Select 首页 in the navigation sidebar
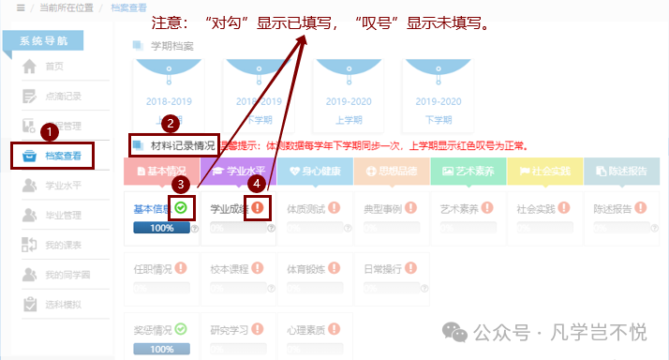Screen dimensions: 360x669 coord(54,66)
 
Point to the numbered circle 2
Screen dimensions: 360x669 coord(169,122)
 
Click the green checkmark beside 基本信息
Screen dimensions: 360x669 coord(180,208)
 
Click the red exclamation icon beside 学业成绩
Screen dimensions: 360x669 coord(258,208)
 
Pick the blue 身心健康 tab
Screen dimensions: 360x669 coord(315,172)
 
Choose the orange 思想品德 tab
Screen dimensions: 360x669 coord(392,172)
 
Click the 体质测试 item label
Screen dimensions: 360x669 coord(306,209)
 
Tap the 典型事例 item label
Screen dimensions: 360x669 coord(383,209)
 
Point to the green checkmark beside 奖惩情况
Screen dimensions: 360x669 coord(181,329)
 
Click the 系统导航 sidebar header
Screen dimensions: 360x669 coord(55,40)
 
